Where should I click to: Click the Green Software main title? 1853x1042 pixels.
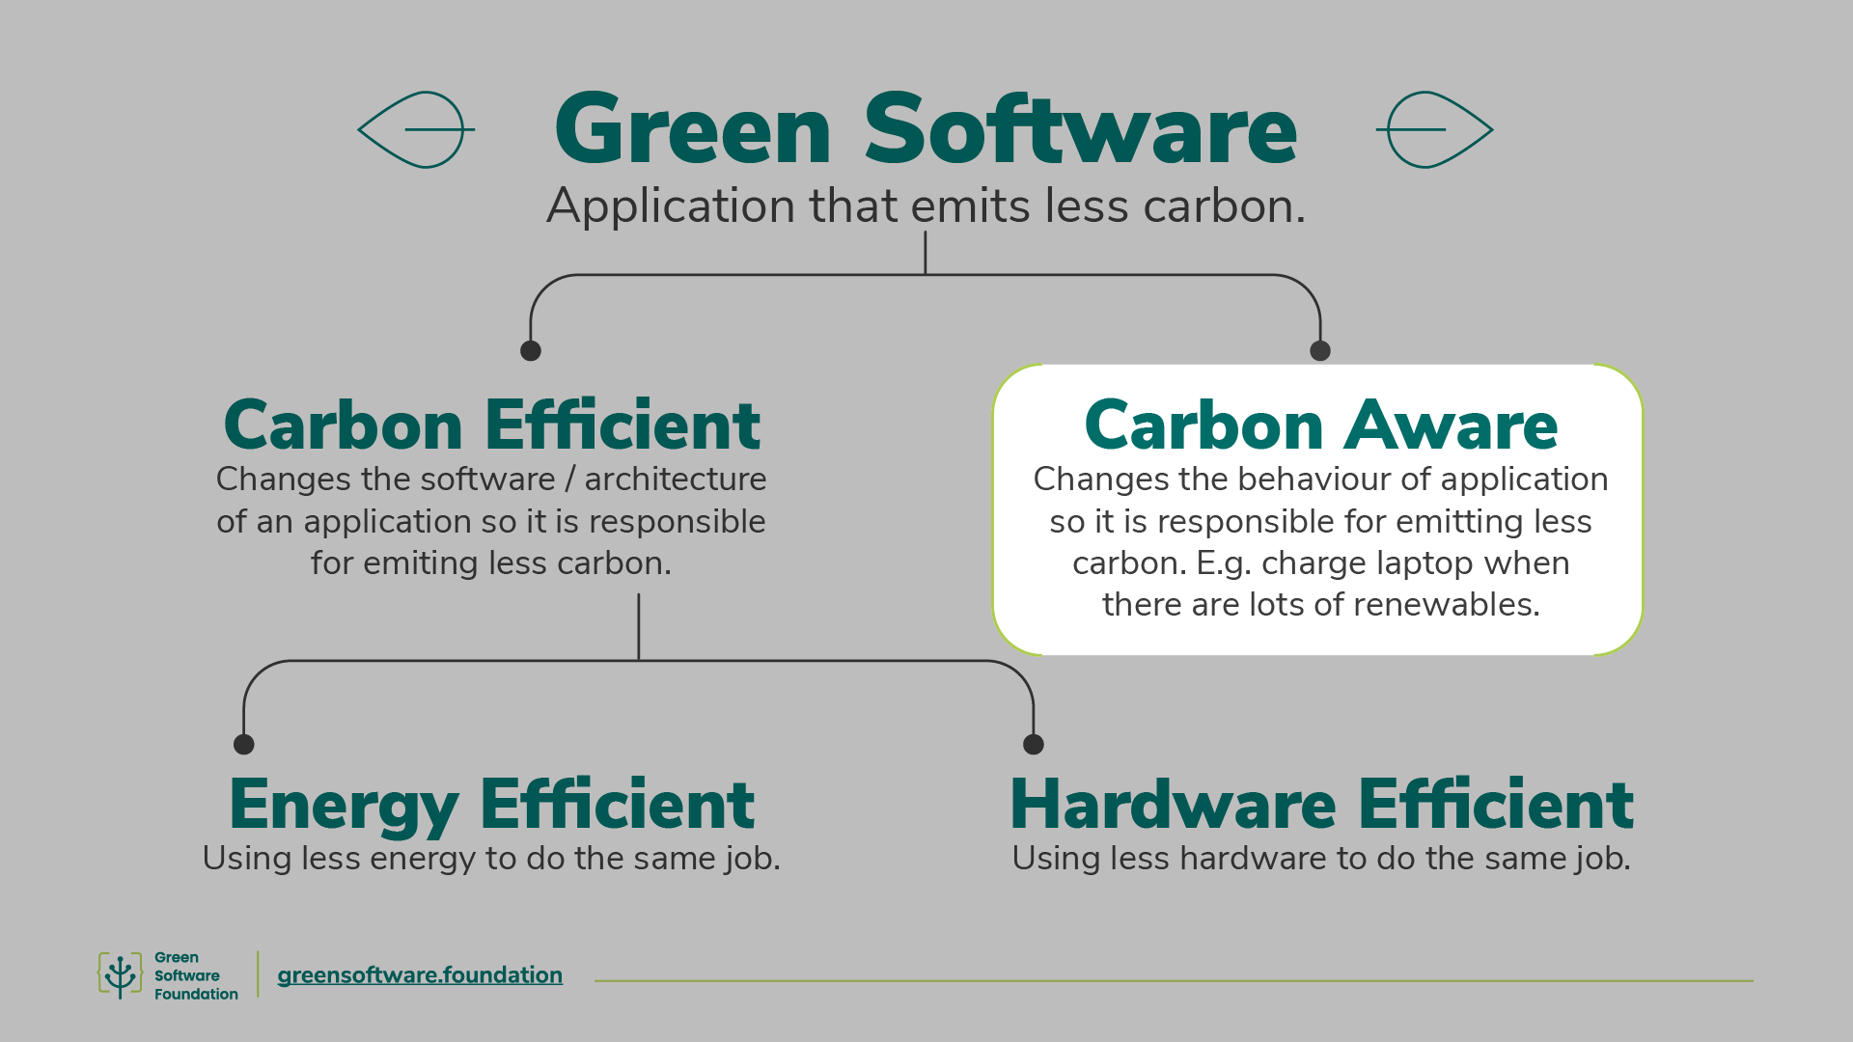[x=926, y=130]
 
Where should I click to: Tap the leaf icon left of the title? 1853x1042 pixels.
[x=416, y=129]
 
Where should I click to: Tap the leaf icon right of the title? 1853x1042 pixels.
[x=1435, y=129]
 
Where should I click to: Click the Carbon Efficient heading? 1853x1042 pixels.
[x=491, y=425]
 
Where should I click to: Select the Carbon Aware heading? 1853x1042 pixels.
[x=1320, y=425]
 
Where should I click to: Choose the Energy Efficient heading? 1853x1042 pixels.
[x=491, y=805]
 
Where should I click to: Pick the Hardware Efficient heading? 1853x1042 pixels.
[x=1321, y=805]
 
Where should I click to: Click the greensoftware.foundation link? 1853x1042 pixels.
[x=420, y=975]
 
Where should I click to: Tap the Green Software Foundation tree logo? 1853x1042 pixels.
[x=120, y=975]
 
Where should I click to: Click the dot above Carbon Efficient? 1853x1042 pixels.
[x=531, y=351]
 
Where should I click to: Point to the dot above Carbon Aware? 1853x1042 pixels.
[x=1320, y=351]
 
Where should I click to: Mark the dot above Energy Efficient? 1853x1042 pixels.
[x=244, y=744]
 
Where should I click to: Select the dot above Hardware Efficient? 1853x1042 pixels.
[x=1034, y=744]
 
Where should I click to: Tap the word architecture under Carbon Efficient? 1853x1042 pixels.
[x=675, y=480]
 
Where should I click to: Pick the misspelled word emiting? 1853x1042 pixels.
[x=421, y=563]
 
